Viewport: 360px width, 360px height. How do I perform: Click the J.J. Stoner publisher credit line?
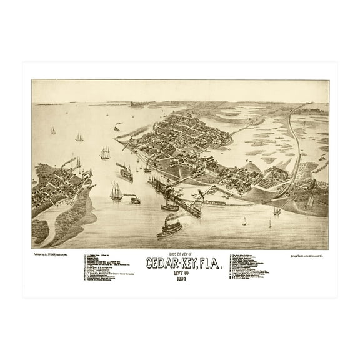(57, 254)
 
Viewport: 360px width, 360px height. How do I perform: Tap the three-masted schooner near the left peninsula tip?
(116, 192)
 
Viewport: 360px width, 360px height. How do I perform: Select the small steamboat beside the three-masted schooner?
(133, 199)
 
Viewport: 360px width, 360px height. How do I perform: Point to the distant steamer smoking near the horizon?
(117, 127)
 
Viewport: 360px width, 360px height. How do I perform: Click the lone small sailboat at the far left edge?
(53, 131)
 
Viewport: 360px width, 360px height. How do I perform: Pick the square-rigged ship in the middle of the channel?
(105, 152)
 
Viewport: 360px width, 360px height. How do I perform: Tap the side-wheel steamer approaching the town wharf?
(125, 172)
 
